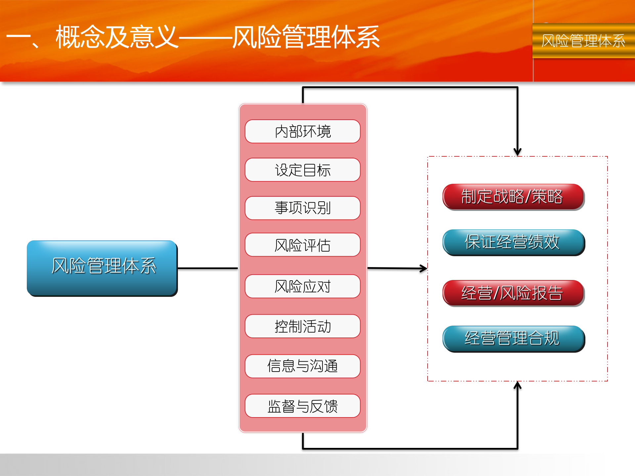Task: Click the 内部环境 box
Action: point(303,131)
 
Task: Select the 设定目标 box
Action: point(303,170)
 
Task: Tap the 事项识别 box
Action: point(303,208)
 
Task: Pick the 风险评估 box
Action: point(303,245)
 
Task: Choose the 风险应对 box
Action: point(303,286)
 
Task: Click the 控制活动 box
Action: point(303,326)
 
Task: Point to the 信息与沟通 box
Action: point(303,366)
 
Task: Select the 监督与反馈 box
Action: point(303,406)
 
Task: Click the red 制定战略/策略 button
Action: point(513,196)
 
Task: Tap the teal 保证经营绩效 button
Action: point(513,242)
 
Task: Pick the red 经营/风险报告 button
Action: point(513,293)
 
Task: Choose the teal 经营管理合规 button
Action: point(513,338)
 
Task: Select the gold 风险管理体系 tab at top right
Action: point(583,41)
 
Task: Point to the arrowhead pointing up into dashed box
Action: point(518,386)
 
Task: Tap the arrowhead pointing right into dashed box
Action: point(423,268)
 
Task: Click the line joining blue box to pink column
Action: point(207,268)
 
